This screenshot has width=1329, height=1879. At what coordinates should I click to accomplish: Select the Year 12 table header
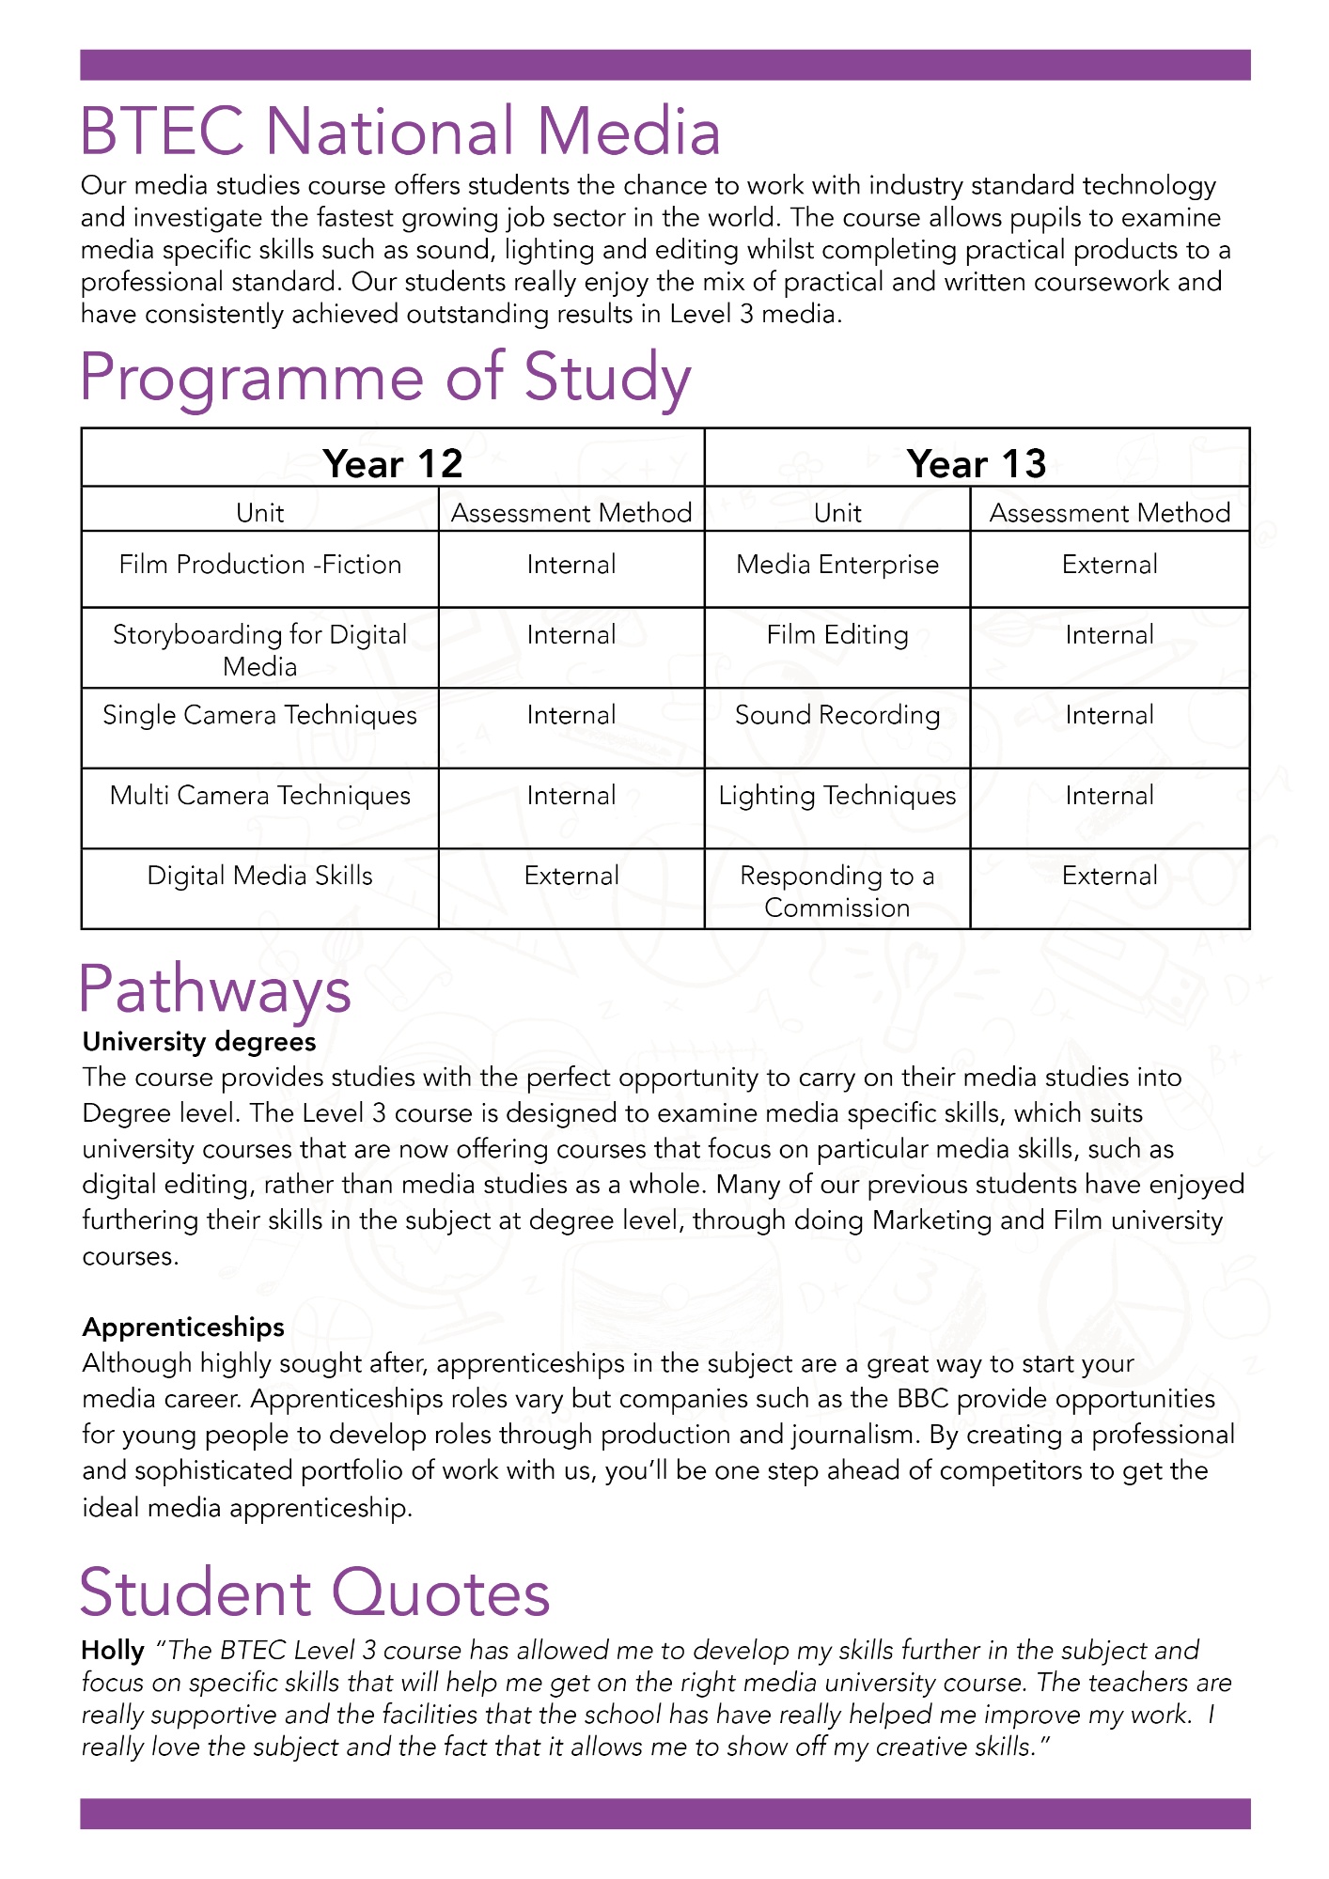(393, 463)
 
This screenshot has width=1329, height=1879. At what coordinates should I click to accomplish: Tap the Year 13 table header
(977, 463)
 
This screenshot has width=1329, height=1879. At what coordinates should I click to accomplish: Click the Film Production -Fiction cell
(260, 565)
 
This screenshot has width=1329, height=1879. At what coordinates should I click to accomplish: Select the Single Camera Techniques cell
(260, 715)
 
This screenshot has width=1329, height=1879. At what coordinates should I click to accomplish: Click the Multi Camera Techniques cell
(260, 796)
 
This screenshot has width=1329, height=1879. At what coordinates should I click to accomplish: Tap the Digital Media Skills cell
(260, 876)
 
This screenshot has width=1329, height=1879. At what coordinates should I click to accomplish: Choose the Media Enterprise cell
(837, 565)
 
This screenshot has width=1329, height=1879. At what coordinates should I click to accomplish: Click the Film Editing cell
(837, 635)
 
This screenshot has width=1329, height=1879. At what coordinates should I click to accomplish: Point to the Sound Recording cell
(837, 715)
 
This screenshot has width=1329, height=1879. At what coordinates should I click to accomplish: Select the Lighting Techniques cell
(837, 796)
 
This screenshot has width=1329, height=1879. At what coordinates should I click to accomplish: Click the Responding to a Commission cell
(837, 892)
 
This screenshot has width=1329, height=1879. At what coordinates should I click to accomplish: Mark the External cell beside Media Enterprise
(1110, 565)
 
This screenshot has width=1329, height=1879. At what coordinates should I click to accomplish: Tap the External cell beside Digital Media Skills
(571, 876)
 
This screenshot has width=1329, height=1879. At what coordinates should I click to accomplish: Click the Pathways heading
(215, 990)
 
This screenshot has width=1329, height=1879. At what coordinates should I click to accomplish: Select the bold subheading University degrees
(199, 1042)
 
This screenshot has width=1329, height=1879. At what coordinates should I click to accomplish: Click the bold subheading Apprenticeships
(183, 1327)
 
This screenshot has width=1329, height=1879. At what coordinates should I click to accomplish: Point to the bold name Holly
(113, 1650)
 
